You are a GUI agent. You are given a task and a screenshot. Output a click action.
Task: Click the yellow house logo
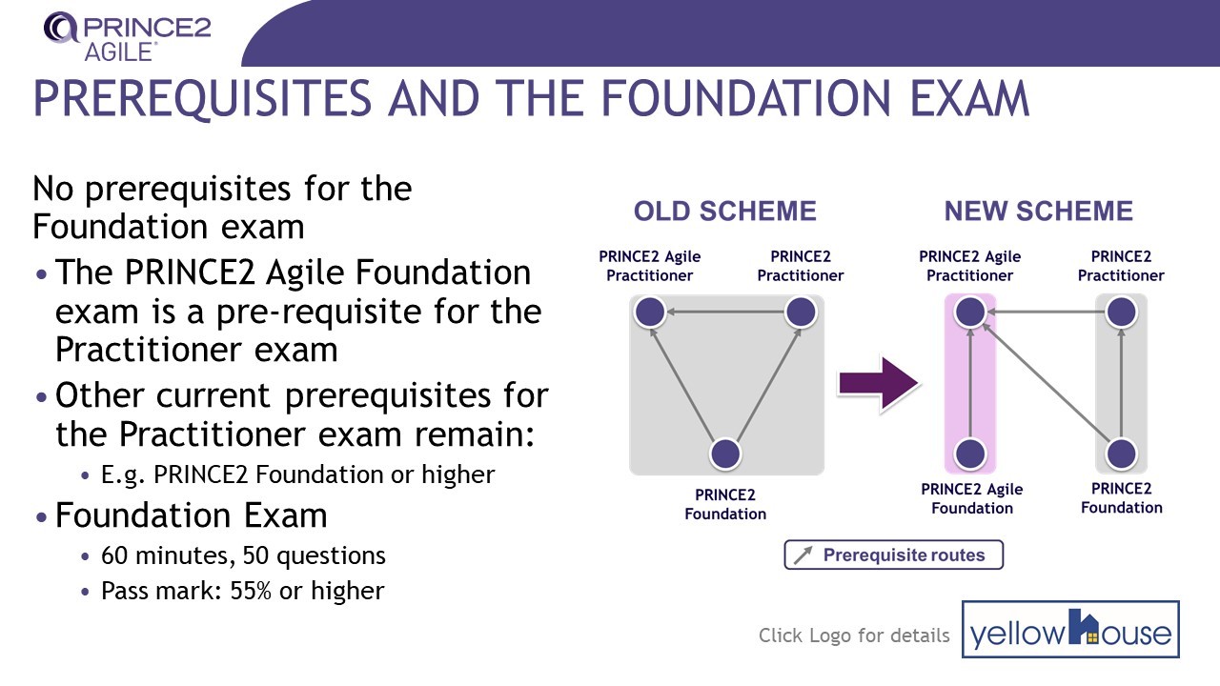1070,630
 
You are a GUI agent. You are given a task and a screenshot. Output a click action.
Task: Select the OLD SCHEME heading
725,212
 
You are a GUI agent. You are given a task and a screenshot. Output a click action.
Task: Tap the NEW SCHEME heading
1038,212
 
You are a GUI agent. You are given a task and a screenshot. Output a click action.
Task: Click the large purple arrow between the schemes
878,384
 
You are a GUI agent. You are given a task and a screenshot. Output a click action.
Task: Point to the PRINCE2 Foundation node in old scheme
726,454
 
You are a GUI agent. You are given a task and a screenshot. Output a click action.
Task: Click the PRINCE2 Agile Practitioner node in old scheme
650,312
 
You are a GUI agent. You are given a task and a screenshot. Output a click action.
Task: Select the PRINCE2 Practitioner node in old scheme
801,312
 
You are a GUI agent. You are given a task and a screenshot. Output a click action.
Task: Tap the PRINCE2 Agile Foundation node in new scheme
969,454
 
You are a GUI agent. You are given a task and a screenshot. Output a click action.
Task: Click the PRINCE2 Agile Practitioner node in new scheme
969,312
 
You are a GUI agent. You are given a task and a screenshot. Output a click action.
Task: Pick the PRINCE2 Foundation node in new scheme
1121,454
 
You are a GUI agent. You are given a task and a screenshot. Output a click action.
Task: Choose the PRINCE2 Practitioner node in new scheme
1121,312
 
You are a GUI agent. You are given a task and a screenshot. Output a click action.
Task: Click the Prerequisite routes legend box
893,555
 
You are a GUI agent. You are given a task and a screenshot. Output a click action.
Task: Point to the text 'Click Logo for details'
854,636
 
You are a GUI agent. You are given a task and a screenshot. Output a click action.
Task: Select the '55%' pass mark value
249,591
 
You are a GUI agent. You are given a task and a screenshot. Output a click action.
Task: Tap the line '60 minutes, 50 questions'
243,555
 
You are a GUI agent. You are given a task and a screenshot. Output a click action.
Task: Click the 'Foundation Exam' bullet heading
191,515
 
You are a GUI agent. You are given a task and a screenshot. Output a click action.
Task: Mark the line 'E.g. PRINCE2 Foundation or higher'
297,474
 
